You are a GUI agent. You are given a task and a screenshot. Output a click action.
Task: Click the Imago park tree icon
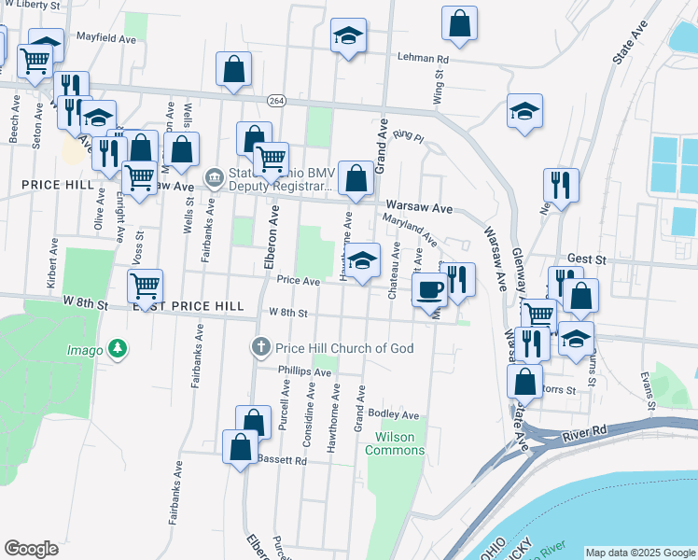pos(117,348)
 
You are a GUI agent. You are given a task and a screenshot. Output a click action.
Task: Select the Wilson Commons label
pos(400,443)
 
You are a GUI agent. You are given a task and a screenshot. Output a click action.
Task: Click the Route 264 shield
pos(276,99)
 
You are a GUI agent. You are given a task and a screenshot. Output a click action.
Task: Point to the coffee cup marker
pos(428,290)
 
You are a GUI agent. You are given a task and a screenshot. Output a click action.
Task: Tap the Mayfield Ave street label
pos(106,39)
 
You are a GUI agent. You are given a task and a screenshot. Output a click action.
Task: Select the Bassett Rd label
pos(281,460)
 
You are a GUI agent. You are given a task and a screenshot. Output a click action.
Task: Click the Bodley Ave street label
pos(395,413)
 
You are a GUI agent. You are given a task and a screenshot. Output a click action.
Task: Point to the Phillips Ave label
pos(304,371)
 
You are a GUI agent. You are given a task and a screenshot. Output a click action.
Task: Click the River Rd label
pos(585,432)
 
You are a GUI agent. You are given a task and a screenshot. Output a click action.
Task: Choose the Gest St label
pos(587,259)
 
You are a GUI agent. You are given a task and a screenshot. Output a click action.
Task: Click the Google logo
pos(32,549)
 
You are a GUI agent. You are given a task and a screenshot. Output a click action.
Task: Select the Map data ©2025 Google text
pos(639,553)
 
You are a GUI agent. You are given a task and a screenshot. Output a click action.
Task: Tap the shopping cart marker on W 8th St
pos(145,286)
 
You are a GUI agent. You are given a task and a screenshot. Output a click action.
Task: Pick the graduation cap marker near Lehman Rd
pos(349,37)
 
